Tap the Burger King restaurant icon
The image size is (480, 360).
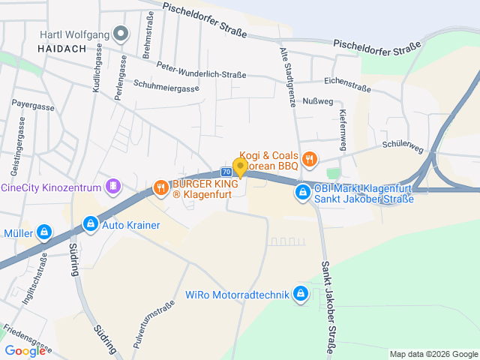click(x=160, y=187)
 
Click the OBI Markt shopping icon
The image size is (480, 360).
click(x=302, y=193)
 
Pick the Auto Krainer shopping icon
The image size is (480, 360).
click(x=90, y=224)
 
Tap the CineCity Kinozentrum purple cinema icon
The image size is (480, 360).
click(x=112, y=185)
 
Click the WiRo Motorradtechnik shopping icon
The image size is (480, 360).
click(x=301, y=293)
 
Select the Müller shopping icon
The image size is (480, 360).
click(x=44, y=232)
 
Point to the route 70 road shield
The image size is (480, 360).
click(x=226, y=172)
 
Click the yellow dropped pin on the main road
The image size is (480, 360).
click(x=240, y=167)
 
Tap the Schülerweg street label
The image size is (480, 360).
click(x=402, y=149)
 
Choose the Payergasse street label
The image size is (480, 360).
click(x=34, y=106)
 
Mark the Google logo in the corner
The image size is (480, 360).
click(x=25, y=350)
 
